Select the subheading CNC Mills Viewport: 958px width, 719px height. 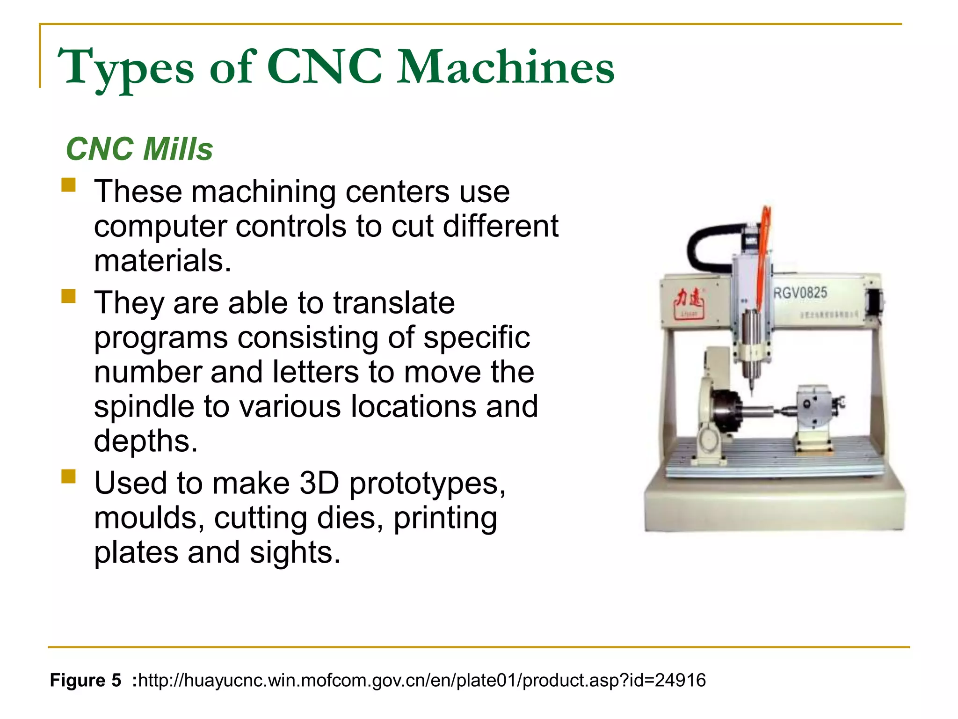click(139, 149)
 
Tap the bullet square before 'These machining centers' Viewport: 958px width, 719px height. click(68, 185)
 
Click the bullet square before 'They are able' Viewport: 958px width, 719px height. click(68, 296)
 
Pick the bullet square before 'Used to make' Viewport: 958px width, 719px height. click(68, 477)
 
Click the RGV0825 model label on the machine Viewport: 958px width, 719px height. click(800, 293)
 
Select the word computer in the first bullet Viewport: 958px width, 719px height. click(161, 226)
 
